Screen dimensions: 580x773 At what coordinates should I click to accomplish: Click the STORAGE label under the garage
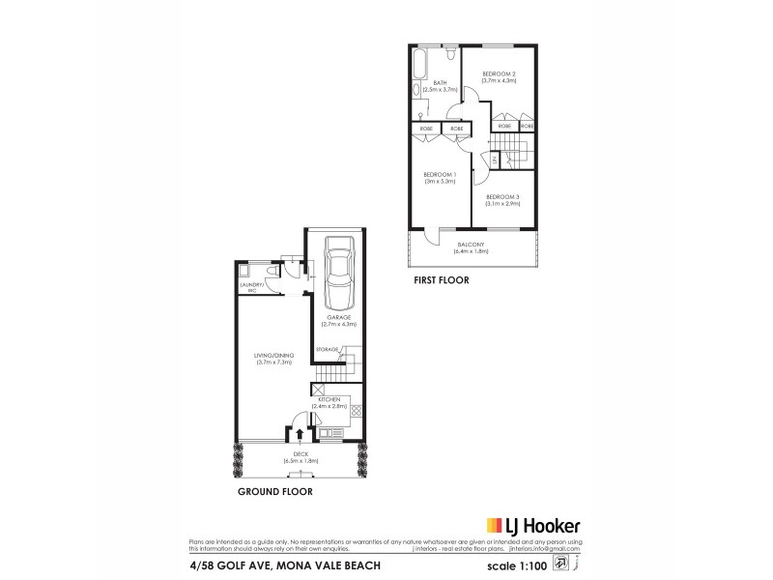327,348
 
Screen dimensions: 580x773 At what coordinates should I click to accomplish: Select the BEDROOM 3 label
503,200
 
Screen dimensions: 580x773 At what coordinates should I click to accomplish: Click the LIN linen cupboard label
494,159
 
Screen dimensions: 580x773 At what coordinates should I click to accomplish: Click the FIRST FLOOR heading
440,281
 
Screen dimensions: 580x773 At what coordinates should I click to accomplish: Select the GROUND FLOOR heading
274,491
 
